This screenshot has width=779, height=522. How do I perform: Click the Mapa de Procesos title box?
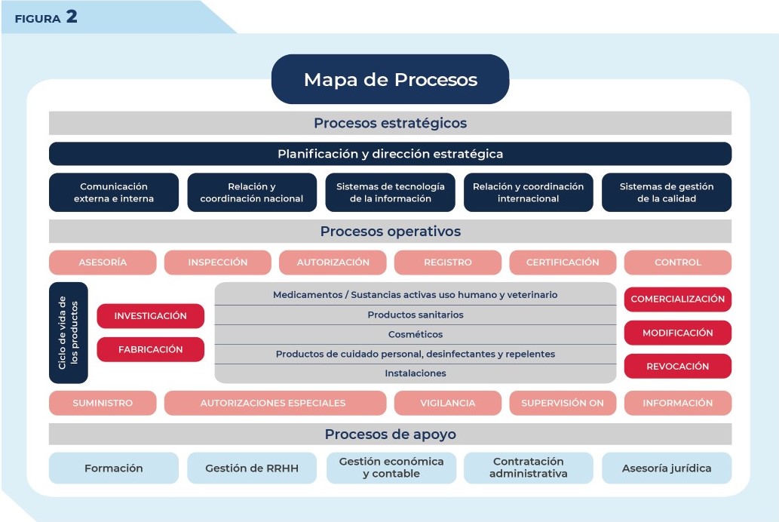[390, 79]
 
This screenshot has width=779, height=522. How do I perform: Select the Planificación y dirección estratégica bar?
[390, 154]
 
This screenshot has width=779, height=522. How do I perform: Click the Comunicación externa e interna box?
[114, 192]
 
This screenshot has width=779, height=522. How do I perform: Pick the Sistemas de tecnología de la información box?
[390, 192]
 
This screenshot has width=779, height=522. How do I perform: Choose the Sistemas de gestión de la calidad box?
[666, 192]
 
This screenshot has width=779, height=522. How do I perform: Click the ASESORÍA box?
[103, 263]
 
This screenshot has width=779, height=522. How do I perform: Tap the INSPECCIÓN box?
[218, 263]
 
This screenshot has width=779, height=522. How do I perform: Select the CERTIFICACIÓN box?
[563, 263]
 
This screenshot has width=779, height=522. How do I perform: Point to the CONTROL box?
[677, 263]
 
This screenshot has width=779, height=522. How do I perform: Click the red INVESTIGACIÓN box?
[150, 316]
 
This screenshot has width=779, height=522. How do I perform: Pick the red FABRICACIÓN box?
[150, 349]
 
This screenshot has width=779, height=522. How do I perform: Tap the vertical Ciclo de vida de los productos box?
[68, 333]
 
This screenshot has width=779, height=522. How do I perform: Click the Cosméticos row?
[416, 334]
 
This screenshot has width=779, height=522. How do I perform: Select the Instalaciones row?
[416, 373]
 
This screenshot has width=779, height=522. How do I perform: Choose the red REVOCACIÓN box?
[677, 366]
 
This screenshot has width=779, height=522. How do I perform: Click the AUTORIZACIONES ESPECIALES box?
[273, 403]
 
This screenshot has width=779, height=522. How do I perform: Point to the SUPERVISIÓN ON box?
[563, 403]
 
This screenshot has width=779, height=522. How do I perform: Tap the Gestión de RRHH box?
[252, 468]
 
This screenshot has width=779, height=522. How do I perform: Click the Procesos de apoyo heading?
[390, 434]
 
